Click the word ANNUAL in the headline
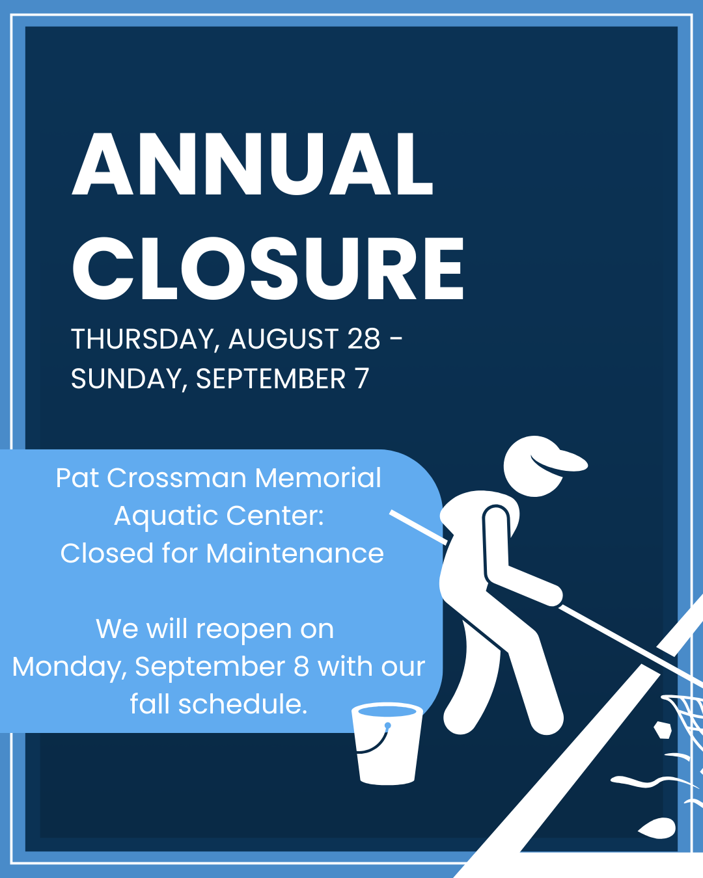(x=252, y=164)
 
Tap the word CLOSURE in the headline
(x=268, y=269)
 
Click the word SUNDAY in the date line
(x=126, y=379)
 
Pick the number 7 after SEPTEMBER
(x=362, y=379)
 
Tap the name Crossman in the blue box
(x=176, y=478)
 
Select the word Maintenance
(x=295, y=553)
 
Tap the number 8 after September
(x=301, y=667)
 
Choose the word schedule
(x=243, y=704)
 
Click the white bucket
(x=387, y=744)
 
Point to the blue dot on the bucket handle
(x=388, y=726)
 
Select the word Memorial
(x=318, y=478)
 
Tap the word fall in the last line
(x=150, y=704)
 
